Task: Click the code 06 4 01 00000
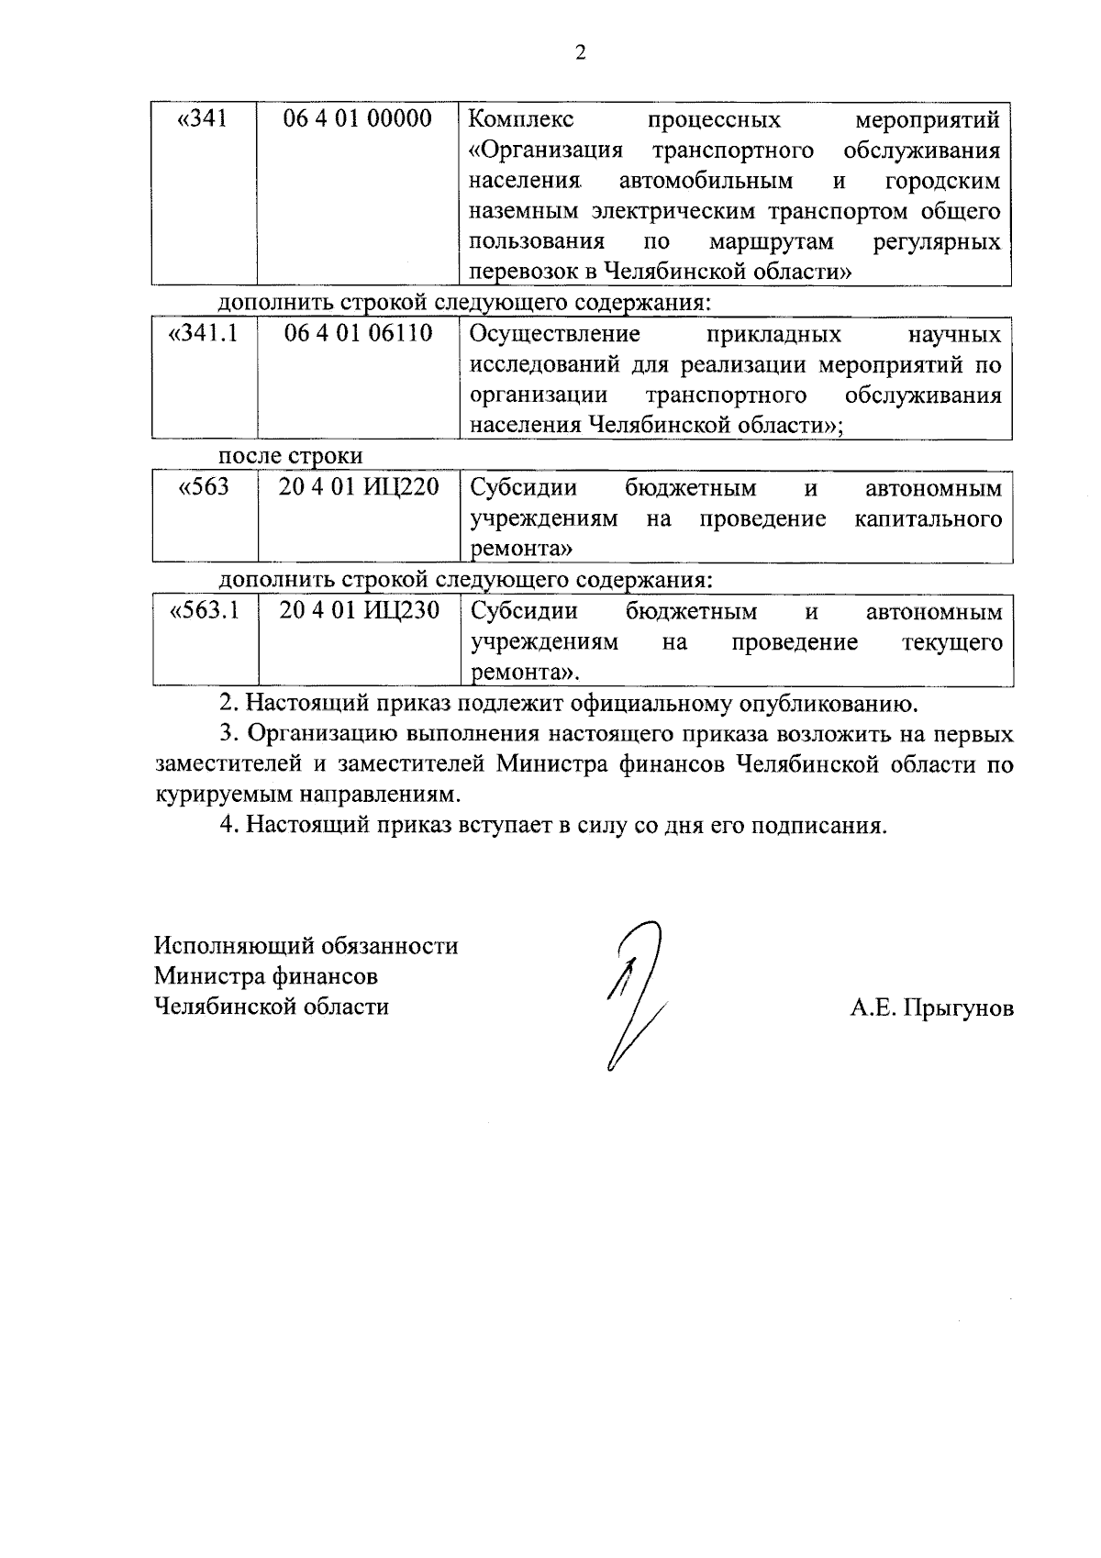(x=358, y=119)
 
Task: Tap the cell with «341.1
(x=204, y=333)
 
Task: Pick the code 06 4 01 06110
(x=358, y=333)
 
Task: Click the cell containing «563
(x=203, y=487)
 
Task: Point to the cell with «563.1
(x=205, y=611)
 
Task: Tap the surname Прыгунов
(x=958, y=1008)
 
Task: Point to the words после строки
(x=290, y=456)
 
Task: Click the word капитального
(x=928, y=519)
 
